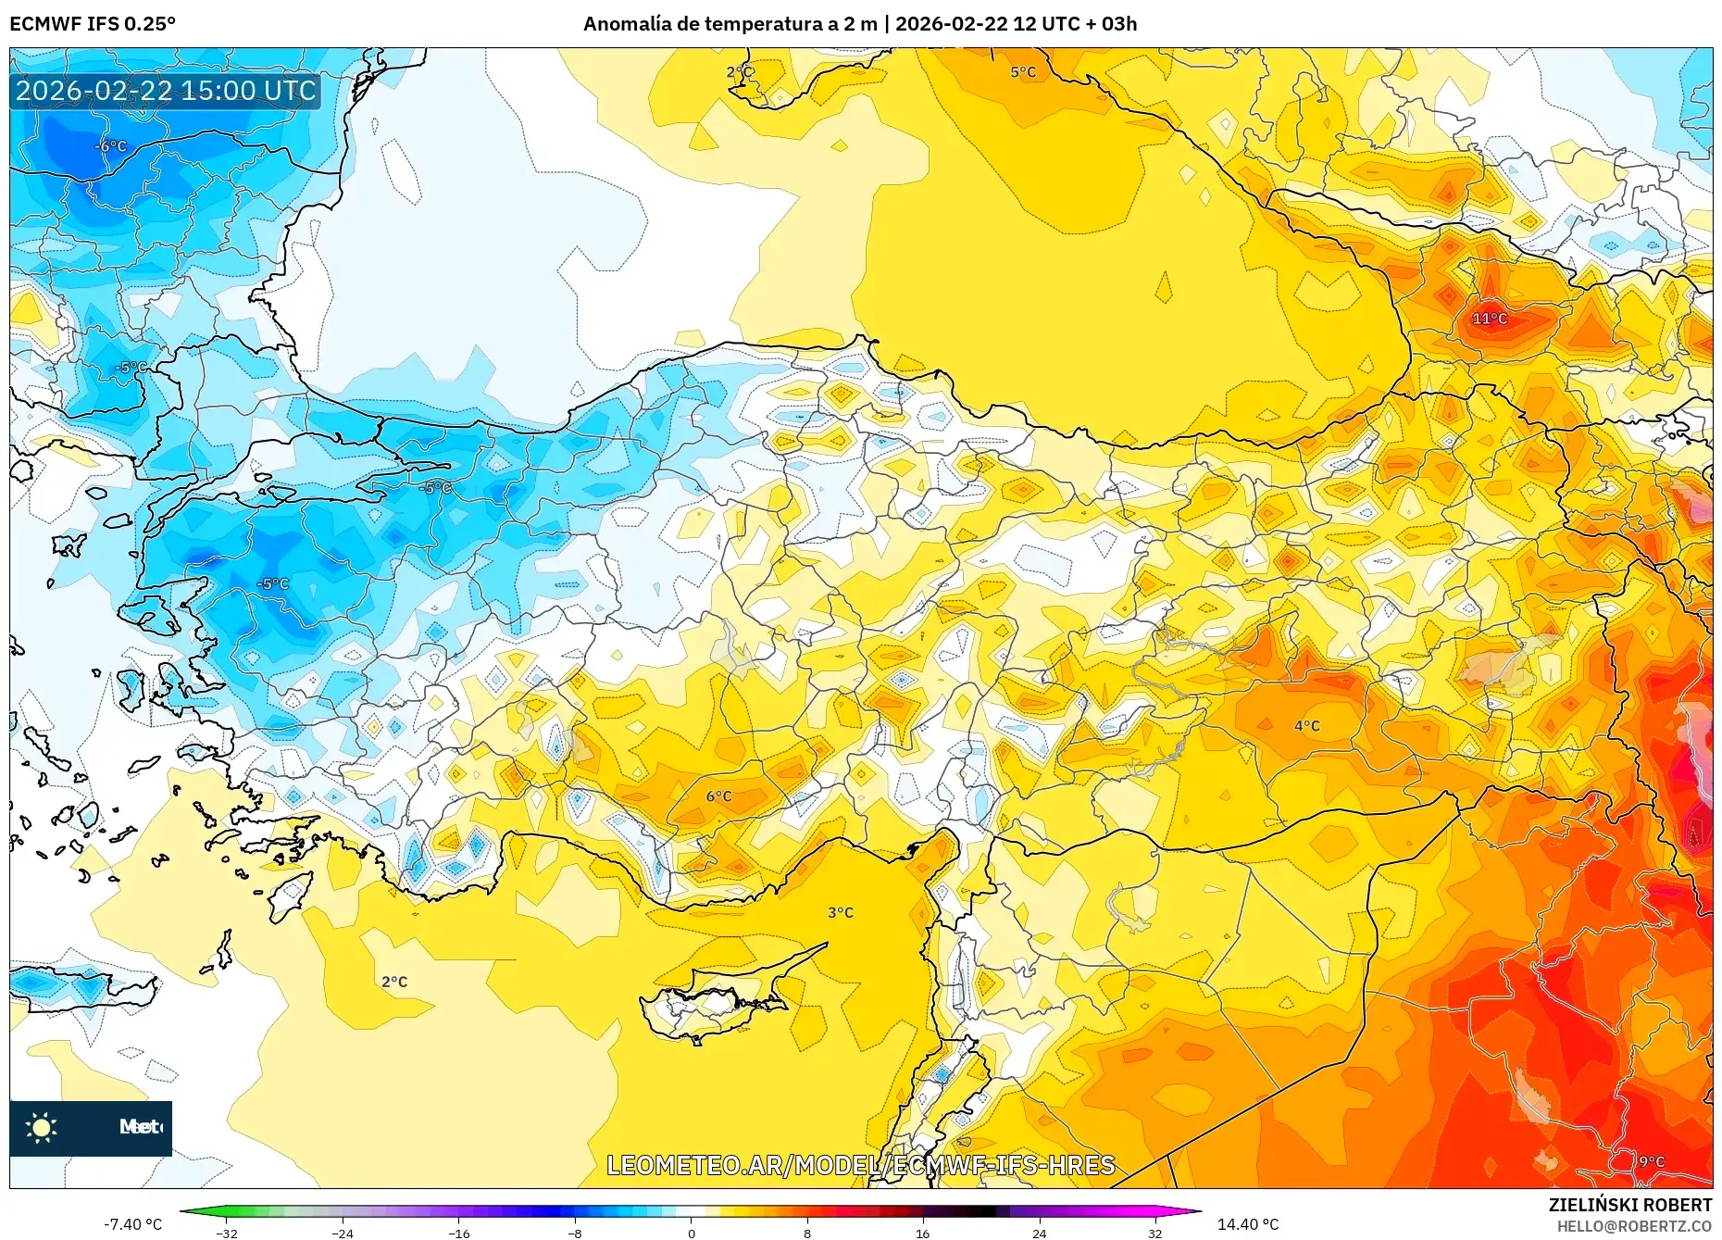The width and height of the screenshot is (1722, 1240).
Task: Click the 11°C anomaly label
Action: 1490,319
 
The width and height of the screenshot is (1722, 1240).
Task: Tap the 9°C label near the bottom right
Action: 1652,1161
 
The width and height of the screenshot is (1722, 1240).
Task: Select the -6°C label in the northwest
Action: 111,146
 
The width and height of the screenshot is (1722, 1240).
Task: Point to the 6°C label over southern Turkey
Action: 718,796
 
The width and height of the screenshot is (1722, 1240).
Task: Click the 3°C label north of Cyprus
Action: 841,913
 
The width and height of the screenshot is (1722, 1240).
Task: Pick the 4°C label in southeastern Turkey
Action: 1307,726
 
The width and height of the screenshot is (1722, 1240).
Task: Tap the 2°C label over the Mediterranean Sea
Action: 394,982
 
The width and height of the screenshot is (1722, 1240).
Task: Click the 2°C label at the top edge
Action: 740,72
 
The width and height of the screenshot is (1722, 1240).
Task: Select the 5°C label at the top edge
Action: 1023,72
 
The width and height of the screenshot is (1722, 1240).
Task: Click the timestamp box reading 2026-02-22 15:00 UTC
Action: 166,91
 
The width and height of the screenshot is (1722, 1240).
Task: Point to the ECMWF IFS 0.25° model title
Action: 93,24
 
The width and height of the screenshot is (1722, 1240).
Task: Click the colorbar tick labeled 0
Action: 691,1234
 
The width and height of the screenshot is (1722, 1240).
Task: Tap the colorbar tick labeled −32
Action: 227,1234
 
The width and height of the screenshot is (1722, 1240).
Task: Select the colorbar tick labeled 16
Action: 922,1234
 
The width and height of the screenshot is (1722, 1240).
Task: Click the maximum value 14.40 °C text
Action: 1247,1224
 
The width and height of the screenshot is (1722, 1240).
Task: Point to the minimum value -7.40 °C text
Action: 132,1224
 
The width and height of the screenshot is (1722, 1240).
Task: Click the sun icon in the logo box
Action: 42,1127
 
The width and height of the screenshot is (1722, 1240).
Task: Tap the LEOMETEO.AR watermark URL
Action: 860,1165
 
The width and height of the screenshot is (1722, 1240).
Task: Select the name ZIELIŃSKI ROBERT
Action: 1629,1205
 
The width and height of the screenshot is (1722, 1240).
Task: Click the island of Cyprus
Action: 717,1005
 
